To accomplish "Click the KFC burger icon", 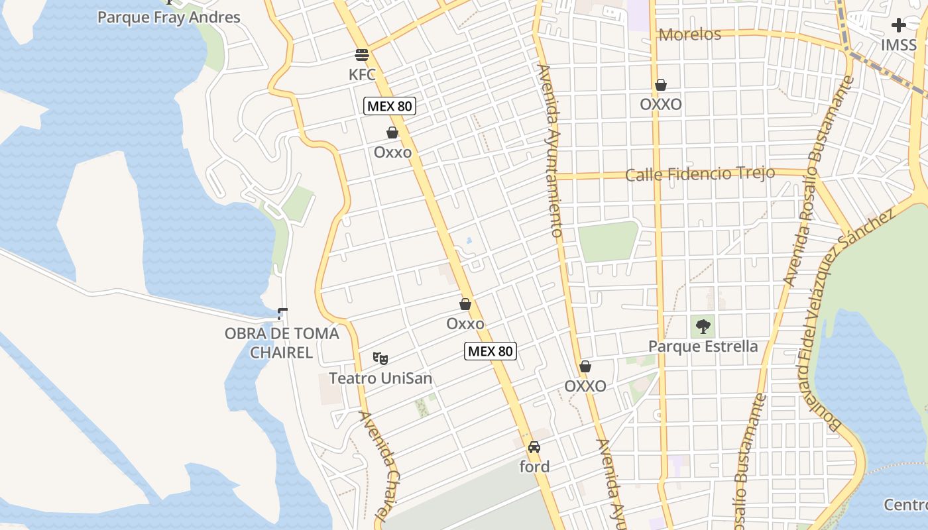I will coord(361,55).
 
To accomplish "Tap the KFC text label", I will coord(362,75).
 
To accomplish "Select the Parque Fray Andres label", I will coord(168,17).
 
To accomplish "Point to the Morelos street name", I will coord(690,34).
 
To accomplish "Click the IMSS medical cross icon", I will coord(898,25).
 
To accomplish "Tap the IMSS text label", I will coord(898,45).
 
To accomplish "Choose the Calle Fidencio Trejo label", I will coord(700,175).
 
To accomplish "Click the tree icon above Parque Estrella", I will coord(703,326).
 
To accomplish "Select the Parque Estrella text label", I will coord(703,346).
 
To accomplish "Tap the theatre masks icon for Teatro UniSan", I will coord(380,358).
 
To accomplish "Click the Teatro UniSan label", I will coord(380,379).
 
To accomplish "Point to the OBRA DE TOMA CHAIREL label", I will coord(282,343).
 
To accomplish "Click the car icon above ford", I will coord(534,447).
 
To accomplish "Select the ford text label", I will coord(534,467).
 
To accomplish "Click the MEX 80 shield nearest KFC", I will coord(390,106).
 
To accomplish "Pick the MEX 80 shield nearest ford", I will coord(490,351).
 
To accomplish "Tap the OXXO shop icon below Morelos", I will coord(660,85).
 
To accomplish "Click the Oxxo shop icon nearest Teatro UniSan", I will coord(465,304).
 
